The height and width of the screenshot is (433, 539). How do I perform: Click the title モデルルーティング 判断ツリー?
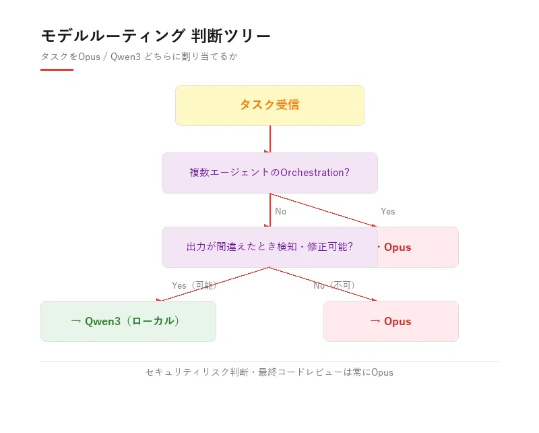156,36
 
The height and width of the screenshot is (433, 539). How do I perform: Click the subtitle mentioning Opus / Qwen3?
139,57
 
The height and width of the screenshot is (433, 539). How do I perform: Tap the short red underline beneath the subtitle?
57,69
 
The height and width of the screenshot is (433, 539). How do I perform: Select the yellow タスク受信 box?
270,105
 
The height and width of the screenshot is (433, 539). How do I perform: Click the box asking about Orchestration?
270,173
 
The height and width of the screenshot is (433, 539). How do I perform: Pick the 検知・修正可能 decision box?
270,247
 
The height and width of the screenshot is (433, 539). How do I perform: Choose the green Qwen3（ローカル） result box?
128,321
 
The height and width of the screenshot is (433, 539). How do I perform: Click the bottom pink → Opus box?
391,321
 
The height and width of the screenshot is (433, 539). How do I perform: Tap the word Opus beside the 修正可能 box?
398,247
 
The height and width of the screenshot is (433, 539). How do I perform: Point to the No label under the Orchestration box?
280,211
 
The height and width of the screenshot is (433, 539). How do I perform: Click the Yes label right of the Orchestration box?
388,211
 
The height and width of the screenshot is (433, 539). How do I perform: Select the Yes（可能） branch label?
194,285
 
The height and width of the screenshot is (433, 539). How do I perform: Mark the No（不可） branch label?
334,285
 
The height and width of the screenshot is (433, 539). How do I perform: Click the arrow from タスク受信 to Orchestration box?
270,139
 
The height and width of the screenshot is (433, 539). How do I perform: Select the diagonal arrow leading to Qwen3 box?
213,284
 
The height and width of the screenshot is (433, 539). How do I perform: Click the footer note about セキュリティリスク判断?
269,372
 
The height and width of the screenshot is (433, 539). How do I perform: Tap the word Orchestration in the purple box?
312,173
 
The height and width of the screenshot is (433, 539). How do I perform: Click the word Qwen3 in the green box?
102,321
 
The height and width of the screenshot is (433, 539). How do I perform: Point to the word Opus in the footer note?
382,372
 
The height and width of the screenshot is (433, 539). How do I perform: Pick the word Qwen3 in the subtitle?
125,57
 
